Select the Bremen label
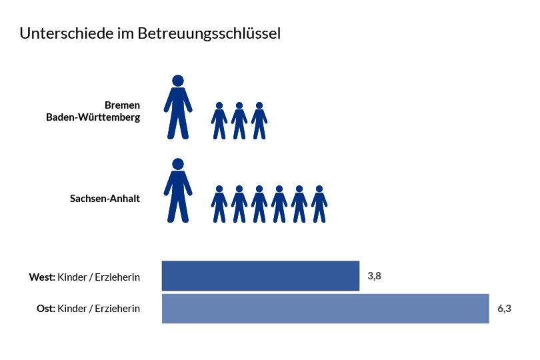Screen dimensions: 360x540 (122, 105)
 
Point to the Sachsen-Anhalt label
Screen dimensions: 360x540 (105, 198)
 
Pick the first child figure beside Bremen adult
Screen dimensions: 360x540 (219, 121)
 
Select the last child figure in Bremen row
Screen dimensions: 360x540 (259, 121)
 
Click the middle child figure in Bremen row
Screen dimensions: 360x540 (239, 121)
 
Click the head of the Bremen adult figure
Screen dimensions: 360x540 (178, 81)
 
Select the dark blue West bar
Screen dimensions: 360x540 (260, 275)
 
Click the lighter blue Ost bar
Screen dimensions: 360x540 (325, 309)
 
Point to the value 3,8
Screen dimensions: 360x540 (374, 275)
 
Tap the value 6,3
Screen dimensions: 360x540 (504, 309)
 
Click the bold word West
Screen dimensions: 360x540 (42, 277)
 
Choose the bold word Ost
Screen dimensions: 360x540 (45, 308)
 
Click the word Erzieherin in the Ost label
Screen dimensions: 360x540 (117, 308)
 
